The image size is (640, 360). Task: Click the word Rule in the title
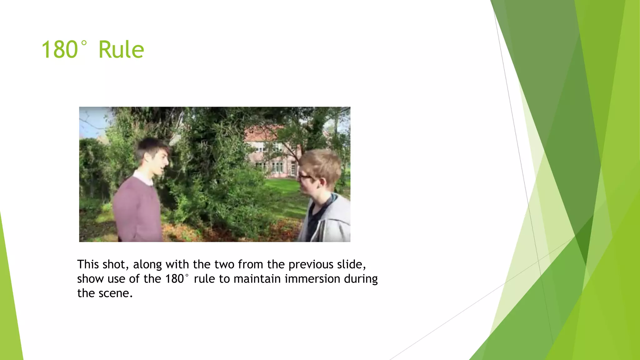click(121, 50)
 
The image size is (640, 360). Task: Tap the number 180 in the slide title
click(59, 50)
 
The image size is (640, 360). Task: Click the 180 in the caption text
click(174, 279)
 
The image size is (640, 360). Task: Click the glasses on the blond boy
click(305, 177)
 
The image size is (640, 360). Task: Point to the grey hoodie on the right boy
click(334, 222)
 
